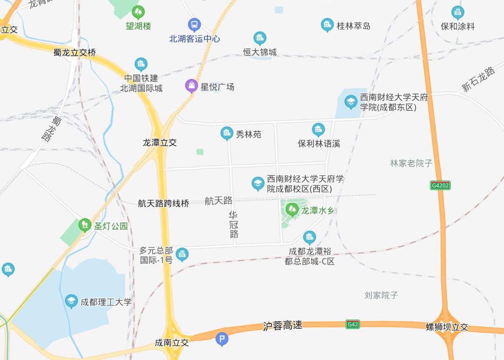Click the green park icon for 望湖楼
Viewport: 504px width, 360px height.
[x=138, y=12]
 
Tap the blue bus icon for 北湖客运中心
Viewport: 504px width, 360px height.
[x=194, y=25]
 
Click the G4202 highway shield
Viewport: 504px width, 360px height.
[x=441, y=186]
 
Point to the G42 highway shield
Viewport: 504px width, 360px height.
[x=353, y=324]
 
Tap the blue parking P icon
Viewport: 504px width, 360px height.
[x=222, y=339]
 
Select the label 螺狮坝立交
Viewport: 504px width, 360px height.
[x=447, y=327]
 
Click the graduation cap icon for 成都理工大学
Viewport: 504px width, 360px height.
[x=71, y=301]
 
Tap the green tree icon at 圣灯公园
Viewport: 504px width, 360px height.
[x=84, y=225]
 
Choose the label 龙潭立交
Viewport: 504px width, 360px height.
[x=160, y=143]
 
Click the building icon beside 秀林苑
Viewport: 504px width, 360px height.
[x=227, y=134]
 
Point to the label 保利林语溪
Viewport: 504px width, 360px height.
[x=319, y=144]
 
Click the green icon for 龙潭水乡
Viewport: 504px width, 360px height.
[x=292, y=209]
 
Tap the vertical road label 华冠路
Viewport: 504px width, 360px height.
[x=234, y=225]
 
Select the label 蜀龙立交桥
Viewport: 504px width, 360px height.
[x=75, y=53]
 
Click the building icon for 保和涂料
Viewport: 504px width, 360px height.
[x=458, y=13]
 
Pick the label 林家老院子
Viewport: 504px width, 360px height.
[x=411, y=163]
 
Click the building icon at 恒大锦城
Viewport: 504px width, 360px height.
[x=260, y=38]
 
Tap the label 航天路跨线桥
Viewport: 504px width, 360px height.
[x=163, y=203]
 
